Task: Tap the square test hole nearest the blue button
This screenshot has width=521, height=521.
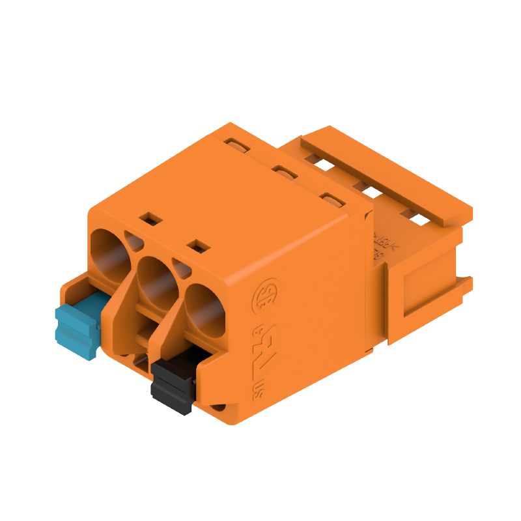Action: [152, 218]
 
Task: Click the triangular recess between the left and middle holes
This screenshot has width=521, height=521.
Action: [133, 242]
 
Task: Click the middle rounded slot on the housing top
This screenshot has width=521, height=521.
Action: [283, 172]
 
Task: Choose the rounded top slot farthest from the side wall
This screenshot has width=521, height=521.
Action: [235, 142]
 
